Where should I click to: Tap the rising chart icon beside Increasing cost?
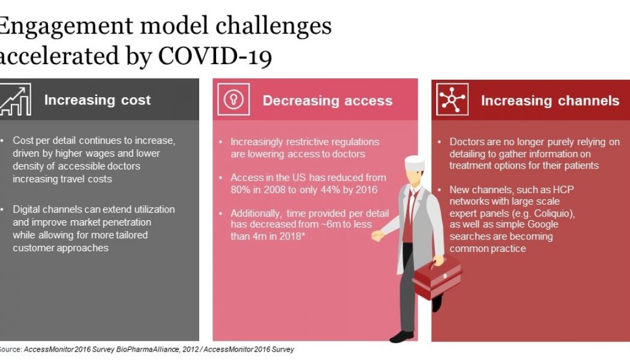[x=16, y=100]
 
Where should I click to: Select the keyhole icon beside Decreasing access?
[x=234, y=100]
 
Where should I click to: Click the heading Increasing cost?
[x=97, y=100]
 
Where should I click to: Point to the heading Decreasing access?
[x=328, y=101]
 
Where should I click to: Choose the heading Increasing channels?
[x=550, y=101]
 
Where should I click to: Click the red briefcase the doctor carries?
[x=436, y=275]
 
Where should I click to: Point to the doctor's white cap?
[x=414, y=163]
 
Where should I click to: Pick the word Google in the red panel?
[x=540, y=224]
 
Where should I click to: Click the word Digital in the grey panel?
[x=28, y=209]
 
